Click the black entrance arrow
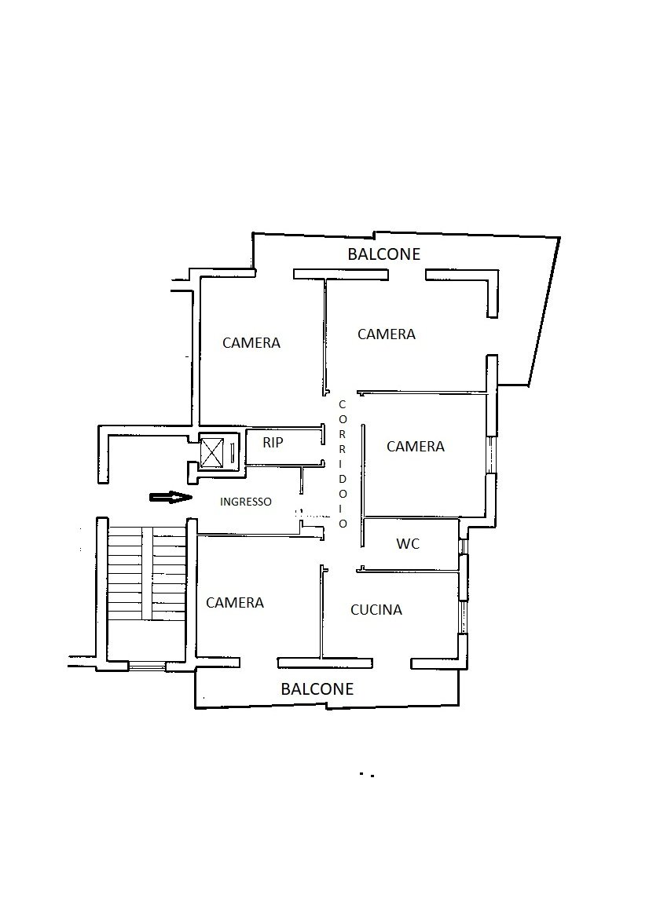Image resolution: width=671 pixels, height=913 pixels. (x=170, y=497)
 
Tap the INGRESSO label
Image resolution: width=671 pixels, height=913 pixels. (x=245, y=502)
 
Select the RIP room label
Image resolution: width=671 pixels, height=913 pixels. (x=273, y=443)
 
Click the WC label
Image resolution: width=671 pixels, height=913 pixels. (x=408, y=544)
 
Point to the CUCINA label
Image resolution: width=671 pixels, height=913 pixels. (x=376, y=610)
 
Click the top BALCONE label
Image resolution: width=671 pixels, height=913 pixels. (x=383, y=254)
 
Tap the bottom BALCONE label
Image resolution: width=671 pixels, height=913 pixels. (x=317, y=688)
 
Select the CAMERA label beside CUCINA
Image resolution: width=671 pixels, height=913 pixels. (x=235, y=602)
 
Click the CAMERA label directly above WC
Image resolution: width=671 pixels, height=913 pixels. (x=415, y=447)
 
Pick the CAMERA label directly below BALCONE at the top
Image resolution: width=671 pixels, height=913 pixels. (x=387, y=334)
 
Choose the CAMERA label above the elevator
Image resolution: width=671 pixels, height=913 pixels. (x=251, y=342)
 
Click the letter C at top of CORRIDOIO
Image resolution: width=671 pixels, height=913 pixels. (x=343, y=404)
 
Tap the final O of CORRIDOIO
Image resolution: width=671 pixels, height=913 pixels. (x=343, y=524)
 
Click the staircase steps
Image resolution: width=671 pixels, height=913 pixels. (x=147, y=573)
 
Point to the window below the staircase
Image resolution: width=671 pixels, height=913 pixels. (x=146, y=666)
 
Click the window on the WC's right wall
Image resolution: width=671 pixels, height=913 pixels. (x=462, y=546)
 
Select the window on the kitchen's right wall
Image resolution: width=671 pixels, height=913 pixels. (x=463, y=616)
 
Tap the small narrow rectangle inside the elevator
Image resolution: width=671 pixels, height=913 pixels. (x=232, y=452)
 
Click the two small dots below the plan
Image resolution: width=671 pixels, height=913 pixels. (x=366, y=775)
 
